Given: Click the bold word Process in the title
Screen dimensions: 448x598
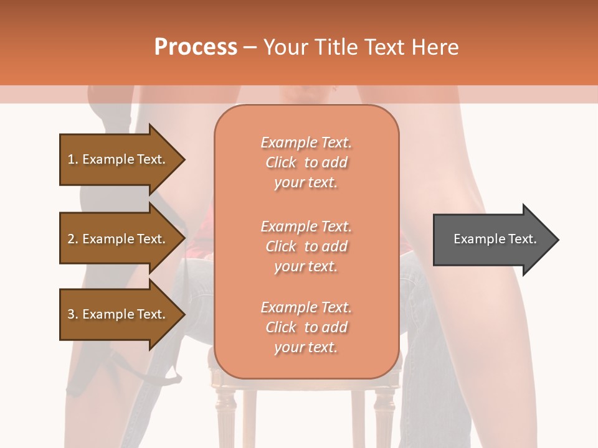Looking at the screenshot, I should tap(196, 47).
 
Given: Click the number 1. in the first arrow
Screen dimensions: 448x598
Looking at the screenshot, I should tap(73, 159).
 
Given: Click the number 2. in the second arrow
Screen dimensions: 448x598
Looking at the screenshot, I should tap(73, 239).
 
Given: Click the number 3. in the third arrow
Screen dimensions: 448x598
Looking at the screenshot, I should tap(73, 314).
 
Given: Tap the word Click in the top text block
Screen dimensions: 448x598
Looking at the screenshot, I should tap(280, 162).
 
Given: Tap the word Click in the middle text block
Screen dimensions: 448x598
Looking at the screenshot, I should tap(280, 246).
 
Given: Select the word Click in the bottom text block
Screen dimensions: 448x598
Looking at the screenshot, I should tap(280, 327).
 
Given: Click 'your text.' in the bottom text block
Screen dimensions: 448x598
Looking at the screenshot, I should tap(306, 348).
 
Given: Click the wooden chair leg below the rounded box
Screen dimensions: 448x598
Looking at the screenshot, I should tap(249, 417).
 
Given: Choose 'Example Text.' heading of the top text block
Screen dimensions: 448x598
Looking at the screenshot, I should tap(306, 142).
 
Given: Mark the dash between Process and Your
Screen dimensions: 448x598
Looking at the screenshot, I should tap(250, 47).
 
